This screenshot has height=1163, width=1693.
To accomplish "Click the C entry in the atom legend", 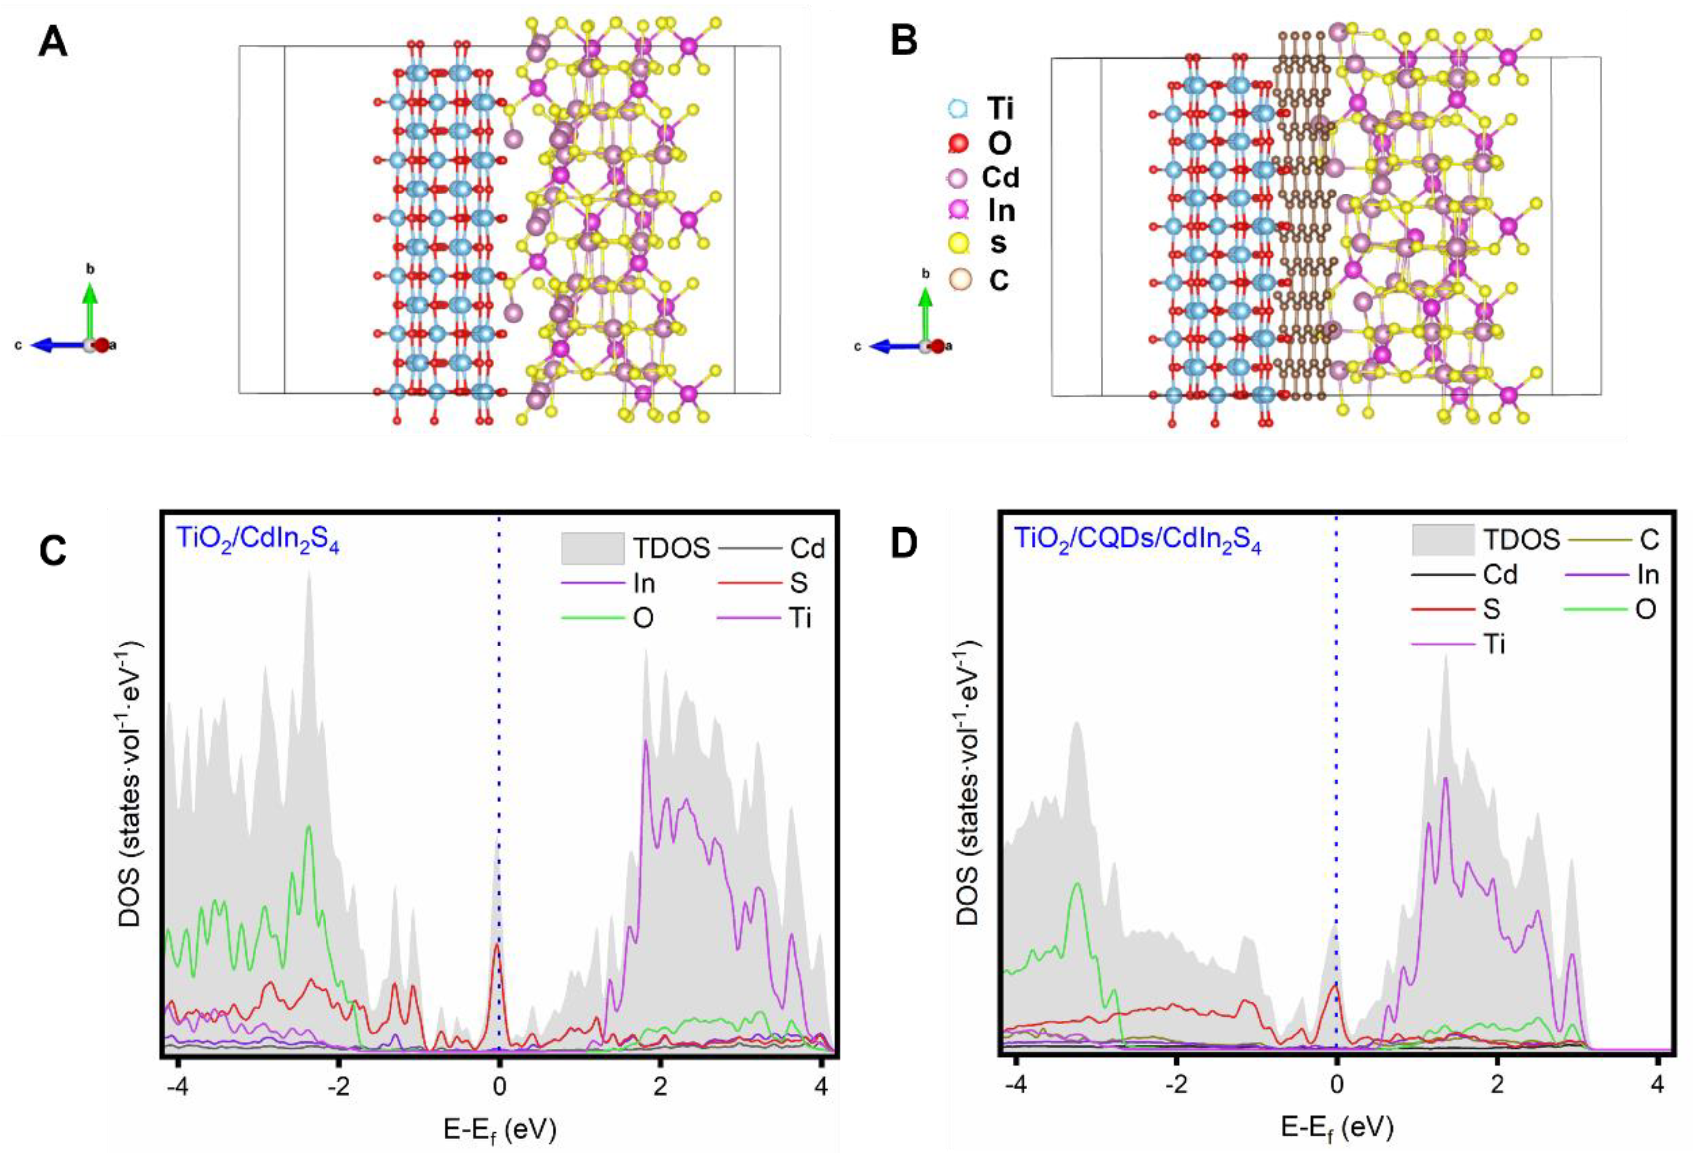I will coord(998,280).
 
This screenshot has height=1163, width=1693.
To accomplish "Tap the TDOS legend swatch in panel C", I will coord(592,548).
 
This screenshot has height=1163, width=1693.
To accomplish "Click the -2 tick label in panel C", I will coord(338,1086).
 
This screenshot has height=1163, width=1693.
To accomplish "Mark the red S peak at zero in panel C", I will coord(498,947).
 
